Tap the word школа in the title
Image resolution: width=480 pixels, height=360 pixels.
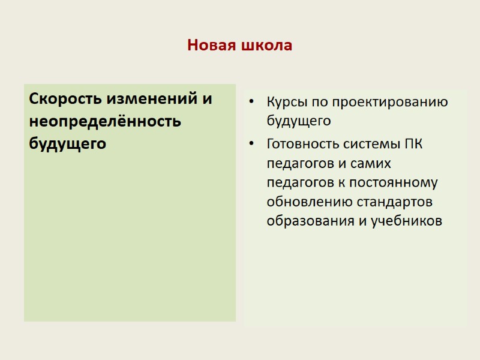[x=268, y=46]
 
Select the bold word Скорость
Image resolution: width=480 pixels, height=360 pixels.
[x=67, y=98]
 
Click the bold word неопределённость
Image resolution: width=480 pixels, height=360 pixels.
[x=104, y=121]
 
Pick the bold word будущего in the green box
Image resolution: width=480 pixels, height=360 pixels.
[x=67, y=144]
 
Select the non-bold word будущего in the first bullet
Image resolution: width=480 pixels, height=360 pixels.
[x=299, y=121]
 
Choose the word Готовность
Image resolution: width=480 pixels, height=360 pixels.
[x=301, y=145]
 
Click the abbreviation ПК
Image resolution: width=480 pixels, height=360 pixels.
[x=414, y=145]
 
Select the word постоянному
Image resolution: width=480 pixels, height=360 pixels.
[x=394, y=182]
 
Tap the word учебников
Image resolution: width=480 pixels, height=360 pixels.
[x=406, y=221]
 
